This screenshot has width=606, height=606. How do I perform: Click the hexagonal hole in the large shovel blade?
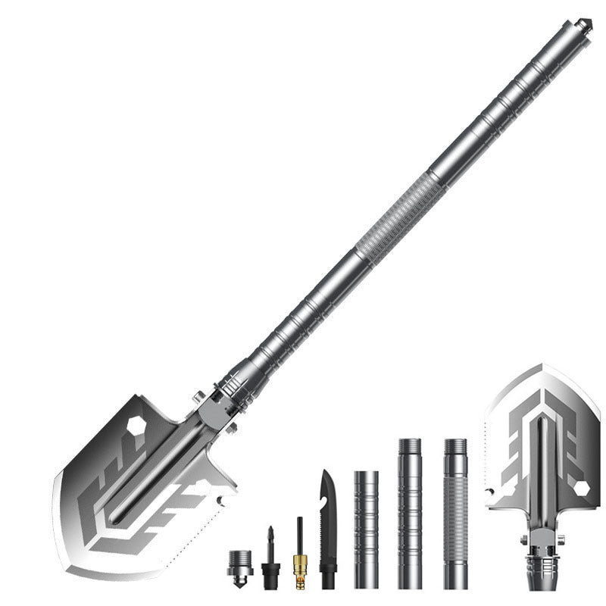click(x=137, y=426)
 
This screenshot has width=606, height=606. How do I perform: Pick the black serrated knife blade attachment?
click(x=327, y=530)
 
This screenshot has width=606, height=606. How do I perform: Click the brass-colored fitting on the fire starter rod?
click(x=299, y=564)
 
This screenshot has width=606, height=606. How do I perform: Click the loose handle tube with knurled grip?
click(x=455, y=515)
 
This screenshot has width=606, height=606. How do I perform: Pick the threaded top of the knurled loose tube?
click(x=455, y=447)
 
